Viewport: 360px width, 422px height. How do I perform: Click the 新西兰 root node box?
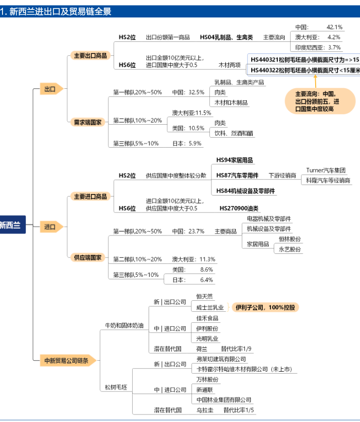[x=11, y=224]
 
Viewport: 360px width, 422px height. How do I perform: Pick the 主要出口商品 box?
[x=90, y=55]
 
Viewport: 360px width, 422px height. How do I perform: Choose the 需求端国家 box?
[x=88, y=122]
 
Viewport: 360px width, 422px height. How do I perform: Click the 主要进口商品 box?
[x=90, y=197]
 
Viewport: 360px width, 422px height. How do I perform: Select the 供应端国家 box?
[x=88, y=257]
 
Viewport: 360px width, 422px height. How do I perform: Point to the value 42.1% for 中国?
[x=334, y=26]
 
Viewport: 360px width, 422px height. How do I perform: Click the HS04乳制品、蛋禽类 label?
[x=226, y=37]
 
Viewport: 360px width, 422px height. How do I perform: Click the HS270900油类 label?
[x=239, y=208]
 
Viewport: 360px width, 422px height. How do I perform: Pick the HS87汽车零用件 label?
[x=237, y=176]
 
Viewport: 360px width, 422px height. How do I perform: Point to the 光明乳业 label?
[x=207, y=339]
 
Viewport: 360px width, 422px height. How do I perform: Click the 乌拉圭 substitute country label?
[x=204, y=410]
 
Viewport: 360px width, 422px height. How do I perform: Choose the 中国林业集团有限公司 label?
[x=224, y=400]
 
